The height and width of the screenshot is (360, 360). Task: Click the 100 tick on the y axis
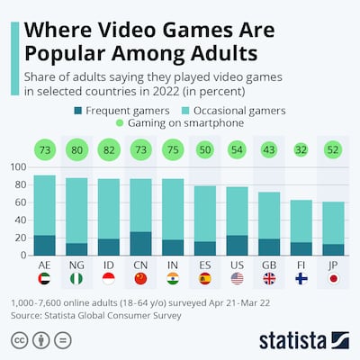[17, 167]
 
